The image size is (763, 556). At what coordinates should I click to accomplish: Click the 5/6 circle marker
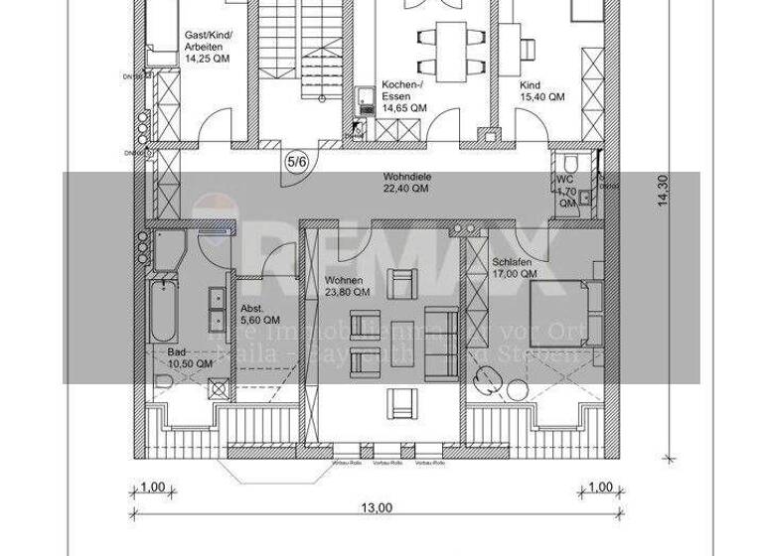point(296,162)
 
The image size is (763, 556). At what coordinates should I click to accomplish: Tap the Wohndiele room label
point(406,178)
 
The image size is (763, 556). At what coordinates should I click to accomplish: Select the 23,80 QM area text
point(348,293)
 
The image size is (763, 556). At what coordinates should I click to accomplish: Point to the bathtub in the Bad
point(163,309)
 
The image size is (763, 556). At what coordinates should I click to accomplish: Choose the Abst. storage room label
point(250,309)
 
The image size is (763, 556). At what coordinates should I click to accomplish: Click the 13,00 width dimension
point(375,508)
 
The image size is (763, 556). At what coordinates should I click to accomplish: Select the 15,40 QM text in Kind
point(542,97)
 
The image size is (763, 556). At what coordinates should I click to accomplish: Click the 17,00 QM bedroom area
point(515,274)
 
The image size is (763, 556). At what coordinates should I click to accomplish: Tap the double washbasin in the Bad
point(216,310)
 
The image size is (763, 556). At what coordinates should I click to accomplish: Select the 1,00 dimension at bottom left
point(153,487)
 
